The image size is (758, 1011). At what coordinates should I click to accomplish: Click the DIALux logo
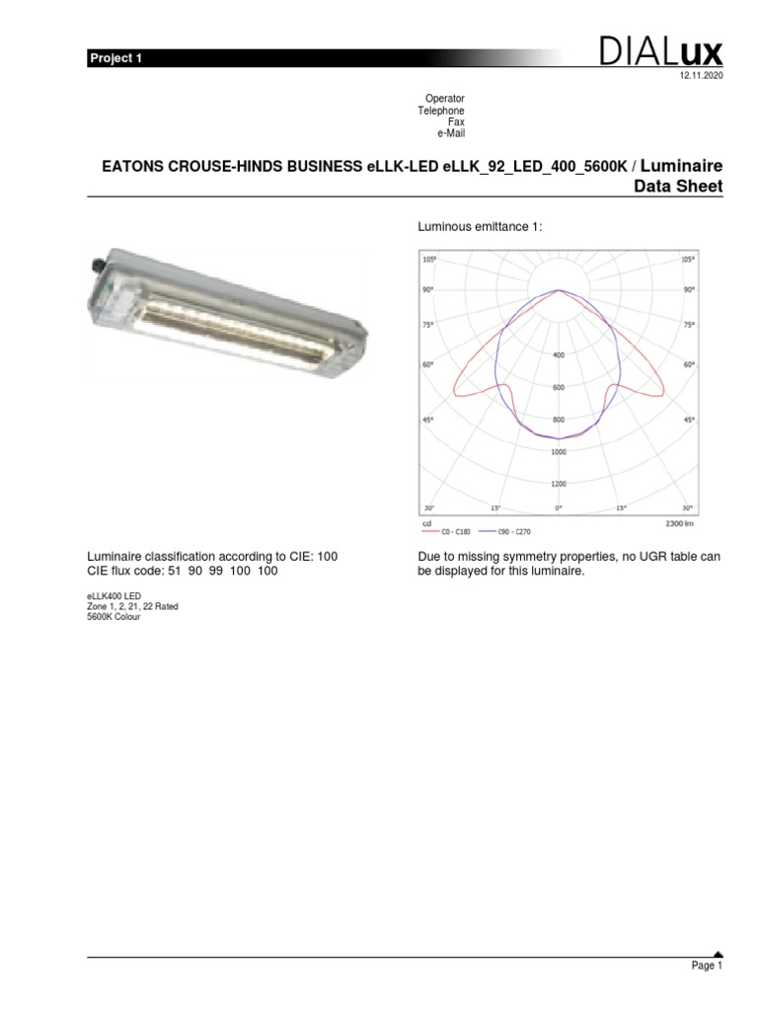click(660, 52)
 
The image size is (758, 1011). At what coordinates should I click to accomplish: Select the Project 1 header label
click(116, 58)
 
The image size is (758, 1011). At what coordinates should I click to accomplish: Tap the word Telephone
click(441, 112)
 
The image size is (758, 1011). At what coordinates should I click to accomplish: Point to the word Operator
click(444, 100)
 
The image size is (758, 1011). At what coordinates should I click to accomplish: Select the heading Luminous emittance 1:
click(481, 227)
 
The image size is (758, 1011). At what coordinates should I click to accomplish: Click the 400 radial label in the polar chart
click(559, 354)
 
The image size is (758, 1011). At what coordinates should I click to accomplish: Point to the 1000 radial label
click(559, 451)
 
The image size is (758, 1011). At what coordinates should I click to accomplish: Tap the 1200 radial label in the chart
click(559, 484)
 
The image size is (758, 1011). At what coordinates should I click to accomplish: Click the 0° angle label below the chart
click(559, 507)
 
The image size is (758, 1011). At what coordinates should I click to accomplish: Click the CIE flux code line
click(184, 571)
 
